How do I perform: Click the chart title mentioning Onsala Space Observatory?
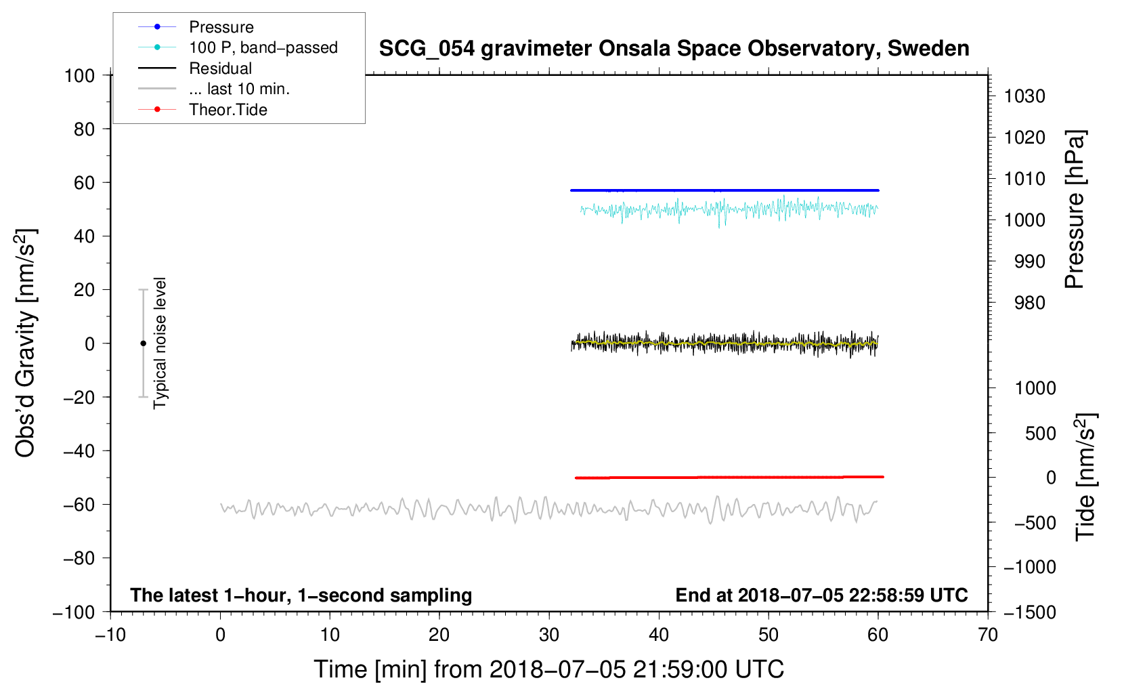[x=674, y=49]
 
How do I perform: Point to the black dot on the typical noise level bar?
[x=143, y=343]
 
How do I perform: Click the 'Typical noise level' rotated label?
[x=160, y=343]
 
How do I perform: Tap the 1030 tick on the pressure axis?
[x=1024, y=96]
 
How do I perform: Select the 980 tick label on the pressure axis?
[x=1029, y=303]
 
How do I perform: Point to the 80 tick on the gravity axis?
[x=84, y=129]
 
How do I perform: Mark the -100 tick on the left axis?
[x=74, y=612]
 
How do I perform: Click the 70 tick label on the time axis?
[x=987, y=635]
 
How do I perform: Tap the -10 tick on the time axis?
[x=110, y=635]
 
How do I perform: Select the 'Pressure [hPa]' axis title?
[x=1075, y=209]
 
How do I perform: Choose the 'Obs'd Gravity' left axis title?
[x=25, y=343]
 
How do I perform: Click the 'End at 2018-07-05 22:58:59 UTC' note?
[x=821, y=595]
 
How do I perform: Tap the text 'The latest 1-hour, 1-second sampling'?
[x=301, y=595]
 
